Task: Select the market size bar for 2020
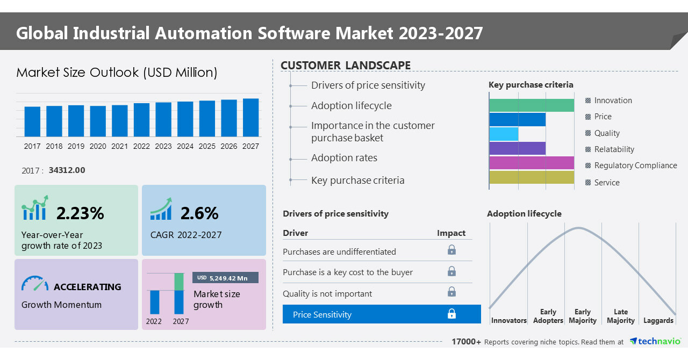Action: click(98, 121)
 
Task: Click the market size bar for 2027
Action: click(250, 117)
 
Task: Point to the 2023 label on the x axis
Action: click(163, 146)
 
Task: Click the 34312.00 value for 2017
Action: click(67, 170)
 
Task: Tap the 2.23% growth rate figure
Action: click(80, 213)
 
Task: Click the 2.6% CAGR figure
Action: click(199, 213)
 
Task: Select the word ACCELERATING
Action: click(88, 287)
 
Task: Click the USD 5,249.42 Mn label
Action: click(225, 278)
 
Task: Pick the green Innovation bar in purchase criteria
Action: click(531, 105)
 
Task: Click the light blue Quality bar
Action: click(504, 134)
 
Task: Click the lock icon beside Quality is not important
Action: click(451, 292)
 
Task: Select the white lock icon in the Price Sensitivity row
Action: click(451, 314)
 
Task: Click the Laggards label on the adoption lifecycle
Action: click(658, 321)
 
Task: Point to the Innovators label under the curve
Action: click(508, 321)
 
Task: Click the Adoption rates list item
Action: click(344, 158)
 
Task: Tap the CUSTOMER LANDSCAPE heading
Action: click(346, 66)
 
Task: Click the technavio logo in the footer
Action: click(655, 342)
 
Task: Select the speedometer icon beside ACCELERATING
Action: click(35, 284)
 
